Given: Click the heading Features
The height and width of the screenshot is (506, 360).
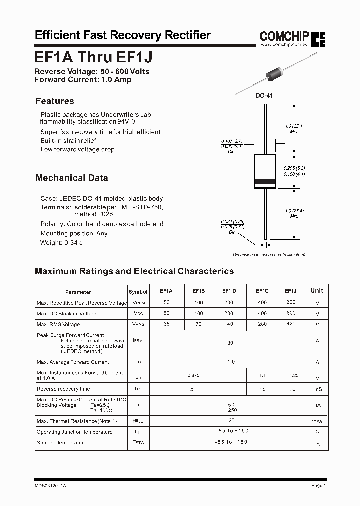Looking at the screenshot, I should click(x=55, y=101).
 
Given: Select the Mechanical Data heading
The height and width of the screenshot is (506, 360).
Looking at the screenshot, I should click(x=72, y=178).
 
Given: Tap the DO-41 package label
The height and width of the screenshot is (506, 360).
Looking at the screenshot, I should click(x=265, y=95).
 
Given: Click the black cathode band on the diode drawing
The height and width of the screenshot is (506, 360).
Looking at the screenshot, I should click(x=265, y=181).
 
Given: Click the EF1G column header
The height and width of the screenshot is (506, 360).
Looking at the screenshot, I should click(x=262, y=290).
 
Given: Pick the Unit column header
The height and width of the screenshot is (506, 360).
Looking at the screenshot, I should click(x=317, y=290).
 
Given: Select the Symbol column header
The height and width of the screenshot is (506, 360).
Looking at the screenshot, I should click(x=138, y=292).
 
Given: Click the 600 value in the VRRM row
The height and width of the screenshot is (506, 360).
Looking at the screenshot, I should click(x=291, y=302).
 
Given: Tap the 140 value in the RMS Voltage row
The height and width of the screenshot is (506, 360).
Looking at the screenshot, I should click(x=229, y=324).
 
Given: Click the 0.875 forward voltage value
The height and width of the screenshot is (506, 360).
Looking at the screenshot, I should click(x=193, y=375).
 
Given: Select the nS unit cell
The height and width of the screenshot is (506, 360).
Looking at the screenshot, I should click(x=317, y=389).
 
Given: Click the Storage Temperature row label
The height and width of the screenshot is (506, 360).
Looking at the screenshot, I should click(x=61, y=443).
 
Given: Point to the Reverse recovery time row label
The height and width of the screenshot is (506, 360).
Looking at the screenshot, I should click(x=63, y=389).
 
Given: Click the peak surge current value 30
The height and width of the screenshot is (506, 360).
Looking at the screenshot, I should click(x=230, y=343).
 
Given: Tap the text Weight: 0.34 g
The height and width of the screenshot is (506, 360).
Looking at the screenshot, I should click(x=61, y=243).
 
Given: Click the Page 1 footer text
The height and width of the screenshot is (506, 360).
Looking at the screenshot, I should click(x=318, y=485).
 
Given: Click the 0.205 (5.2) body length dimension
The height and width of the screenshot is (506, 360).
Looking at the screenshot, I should click(x=294, y=168).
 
